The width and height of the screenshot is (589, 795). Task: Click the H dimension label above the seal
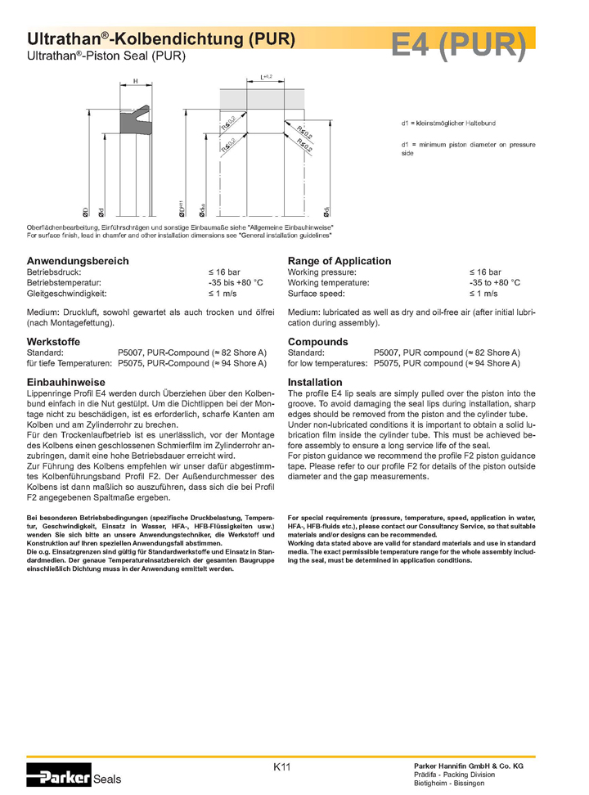click(135, 80)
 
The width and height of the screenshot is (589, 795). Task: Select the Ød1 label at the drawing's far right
click(327, 209)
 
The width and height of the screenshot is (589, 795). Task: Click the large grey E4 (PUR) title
click(458, 46)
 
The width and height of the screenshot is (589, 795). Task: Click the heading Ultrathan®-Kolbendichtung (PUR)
click(160, 39)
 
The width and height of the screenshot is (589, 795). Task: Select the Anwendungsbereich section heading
click(78, 261)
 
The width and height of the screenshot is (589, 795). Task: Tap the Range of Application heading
click(339, 261)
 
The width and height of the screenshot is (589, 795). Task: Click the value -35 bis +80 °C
click(236, 282)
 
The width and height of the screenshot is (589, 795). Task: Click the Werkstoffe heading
click(54, 341)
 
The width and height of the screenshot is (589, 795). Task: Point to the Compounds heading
click(317, 341)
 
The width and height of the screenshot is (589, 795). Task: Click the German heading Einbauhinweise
click(65, 382)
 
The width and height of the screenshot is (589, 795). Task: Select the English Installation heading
click(315, 382)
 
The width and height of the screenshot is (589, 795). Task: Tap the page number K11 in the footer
click(282, 767)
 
